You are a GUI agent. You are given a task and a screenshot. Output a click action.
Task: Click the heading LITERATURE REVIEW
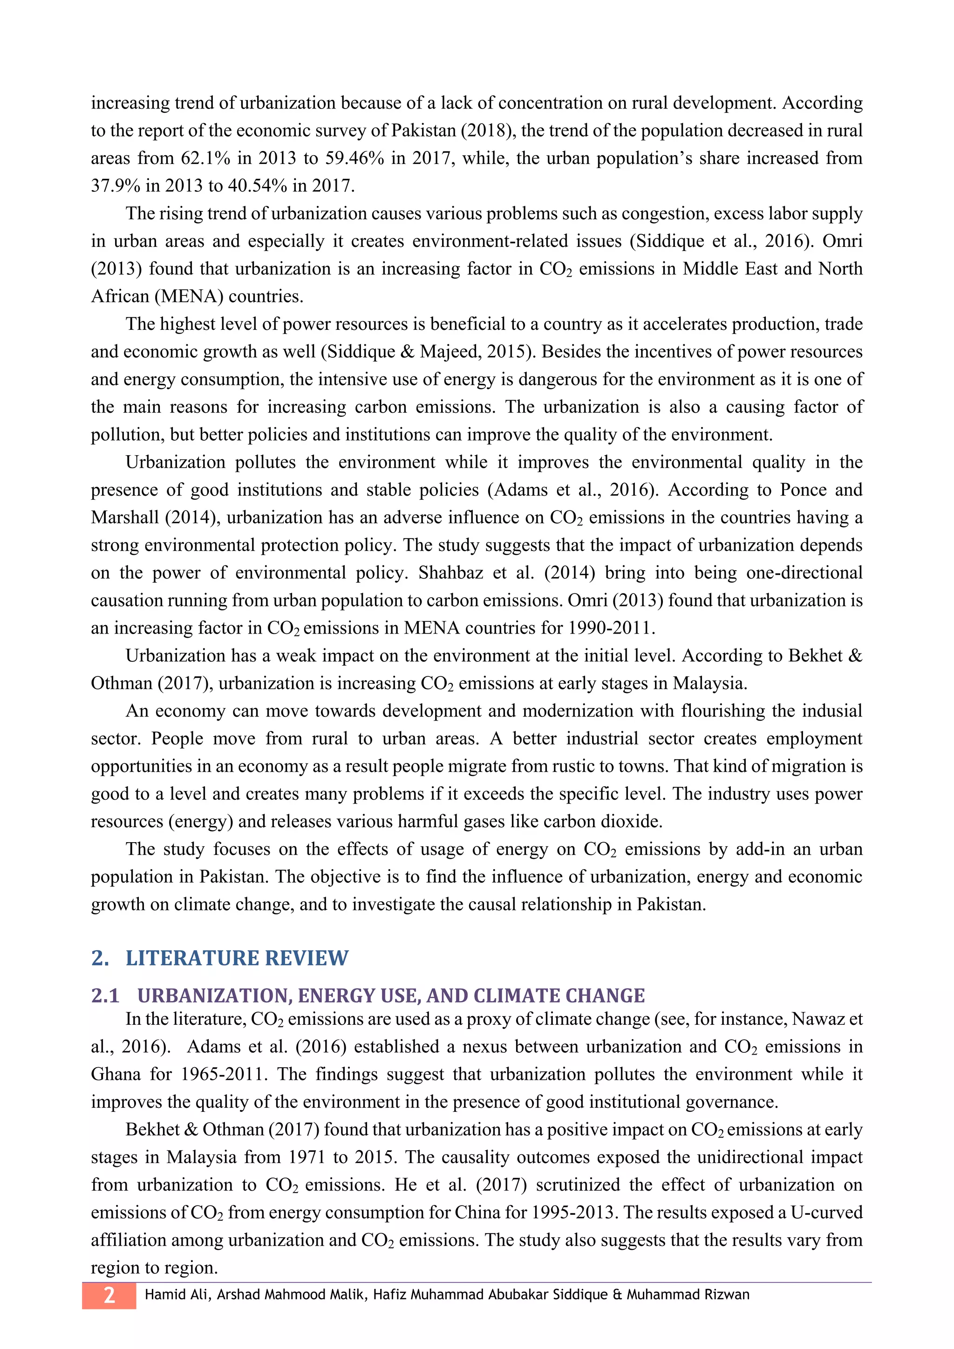pos(237,958)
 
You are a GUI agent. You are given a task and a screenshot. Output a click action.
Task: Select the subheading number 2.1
pos(105,996)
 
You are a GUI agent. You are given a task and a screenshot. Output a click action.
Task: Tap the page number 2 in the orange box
pos(109,1295)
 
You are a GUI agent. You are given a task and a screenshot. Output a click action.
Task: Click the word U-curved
pos(826,1212)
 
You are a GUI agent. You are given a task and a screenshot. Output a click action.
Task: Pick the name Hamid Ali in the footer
pos(176,1295)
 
